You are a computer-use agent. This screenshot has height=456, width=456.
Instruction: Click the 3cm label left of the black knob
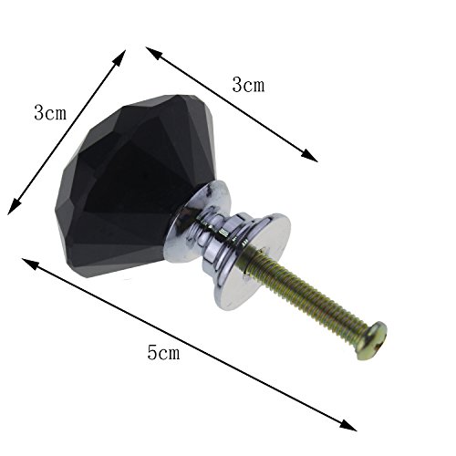[x=50, y=113]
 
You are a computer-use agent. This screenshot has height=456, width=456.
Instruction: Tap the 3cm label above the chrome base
[x=248, y=84]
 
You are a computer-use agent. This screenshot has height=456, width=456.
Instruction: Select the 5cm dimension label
[x=163, y=352]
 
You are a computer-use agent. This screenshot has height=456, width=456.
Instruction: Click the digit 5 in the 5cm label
[x=151, y=352]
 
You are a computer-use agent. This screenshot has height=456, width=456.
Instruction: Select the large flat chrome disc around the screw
[x=253, y=262]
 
